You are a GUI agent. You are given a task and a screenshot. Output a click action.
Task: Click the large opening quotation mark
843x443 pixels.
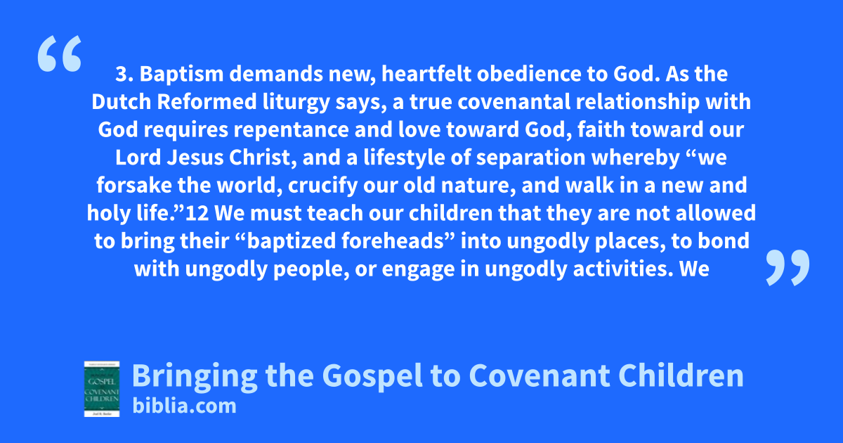60,53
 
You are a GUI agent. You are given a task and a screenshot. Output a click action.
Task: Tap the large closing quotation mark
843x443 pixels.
788,267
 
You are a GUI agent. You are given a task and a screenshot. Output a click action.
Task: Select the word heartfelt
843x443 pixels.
426,74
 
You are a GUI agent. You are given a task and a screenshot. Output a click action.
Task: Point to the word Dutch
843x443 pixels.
121,102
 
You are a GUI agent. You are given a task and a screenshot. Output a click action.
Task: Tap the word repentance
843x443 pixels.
292,130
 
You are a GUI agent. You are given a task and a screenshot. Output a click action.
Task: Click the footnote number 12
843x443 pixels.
197,213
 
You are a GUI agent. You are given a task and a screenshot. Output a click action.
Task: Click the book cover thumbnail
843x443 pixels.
102,389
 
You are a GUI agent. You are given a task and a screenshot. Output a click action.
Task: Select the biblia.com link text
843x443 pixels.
184,406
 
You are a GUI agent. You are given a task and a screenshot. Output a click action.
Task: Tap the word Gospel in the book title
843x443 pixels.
372,376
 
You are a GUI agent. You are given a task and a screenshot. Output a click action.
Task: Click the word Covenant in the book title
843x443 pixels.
540,375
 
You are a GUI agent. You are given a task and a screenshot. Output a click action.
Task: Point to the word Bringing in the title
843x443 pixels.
195,376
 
